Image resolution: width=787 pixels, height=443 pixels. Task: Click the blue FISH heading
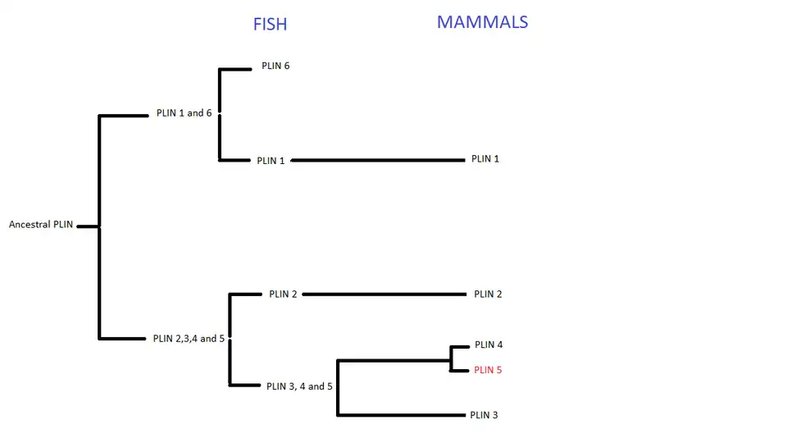coord(270,24)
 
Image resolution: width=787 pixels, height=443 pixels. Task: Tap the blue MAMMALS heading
coord(482,22)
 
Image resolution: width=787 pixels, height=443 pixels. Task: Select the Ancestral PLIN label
coord(41,225)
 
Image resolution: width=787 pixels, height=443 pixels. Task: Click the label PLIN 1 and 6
coord(184,113)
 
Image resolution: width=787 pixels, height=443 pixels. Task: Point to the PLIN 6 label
coord(275,66)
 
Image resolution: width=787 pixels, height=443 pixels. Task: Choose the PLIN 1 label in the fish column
coord(271,161)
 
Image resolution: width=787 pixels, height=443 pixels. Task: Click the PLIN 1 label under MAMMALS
coord(485,159)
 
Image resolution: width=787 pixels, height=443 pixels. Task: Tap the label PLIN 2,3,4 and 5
coord(189,338)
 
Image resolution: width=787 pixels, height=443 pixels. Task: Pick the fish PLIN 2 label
coord(283,295)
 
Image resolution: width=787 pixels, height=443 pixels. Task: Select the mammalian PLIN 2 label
coord(488,295)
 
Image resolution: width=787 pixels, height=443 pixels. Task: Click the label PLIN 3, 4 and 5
coord(299,386)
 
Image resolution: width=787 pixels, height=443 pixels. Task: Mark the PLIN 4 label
coord(489,345)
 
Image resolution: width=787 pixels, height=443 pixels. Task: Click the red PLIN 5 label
coord(488,370)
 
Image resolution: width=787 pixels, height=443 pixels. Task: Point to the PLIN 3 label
coord(484,415)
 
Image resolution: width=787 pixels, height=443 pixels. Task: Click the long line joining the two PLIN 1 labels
coord(377,161)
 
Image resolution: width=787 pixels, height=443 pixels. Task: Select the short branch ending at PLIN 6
coord(236,70)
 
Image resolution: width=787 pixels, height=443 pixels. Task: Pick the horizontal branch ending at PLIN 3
coord(402,415)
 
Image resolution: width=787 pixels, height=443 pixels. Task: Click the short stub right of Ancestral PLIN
coord(88,226)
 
